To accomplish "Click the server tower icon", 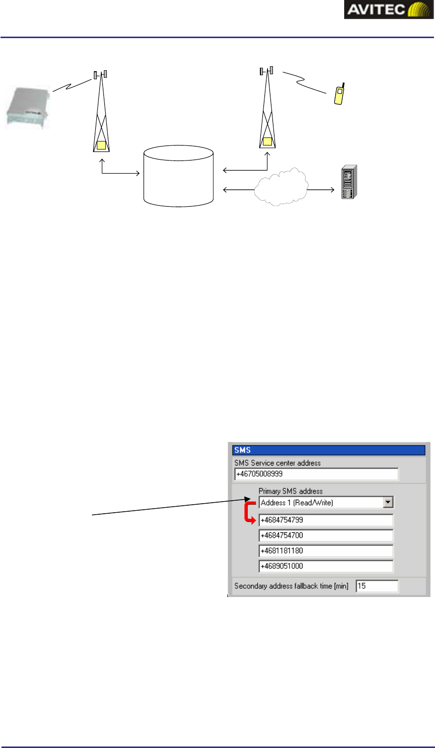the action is click(349, 182).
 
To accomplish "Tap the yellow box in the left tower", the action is click(102, 146).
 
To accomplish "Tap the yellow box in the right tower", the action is click(267, 141).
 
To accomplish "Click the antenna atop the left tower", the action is click(100, 75).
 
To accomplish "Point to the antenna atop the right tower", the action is click(266, 71).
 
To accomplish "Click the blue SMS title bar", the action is click(329, 450).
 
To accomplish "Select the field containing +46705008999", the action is click(316, 474).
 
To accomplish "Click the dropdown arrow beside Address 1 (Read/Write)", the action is click(388, 502).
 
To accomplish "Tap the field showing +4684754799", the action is click(326, 520).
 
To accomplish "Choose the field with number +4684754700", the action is click(326, 535).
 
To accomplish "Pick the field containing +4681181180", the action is click(326, 550).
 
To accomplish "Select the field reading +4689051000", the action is click(326, 566).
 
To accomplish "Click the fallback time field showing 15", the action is click(377, 585).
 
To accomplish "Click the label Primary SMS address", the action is click(291, 491).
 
